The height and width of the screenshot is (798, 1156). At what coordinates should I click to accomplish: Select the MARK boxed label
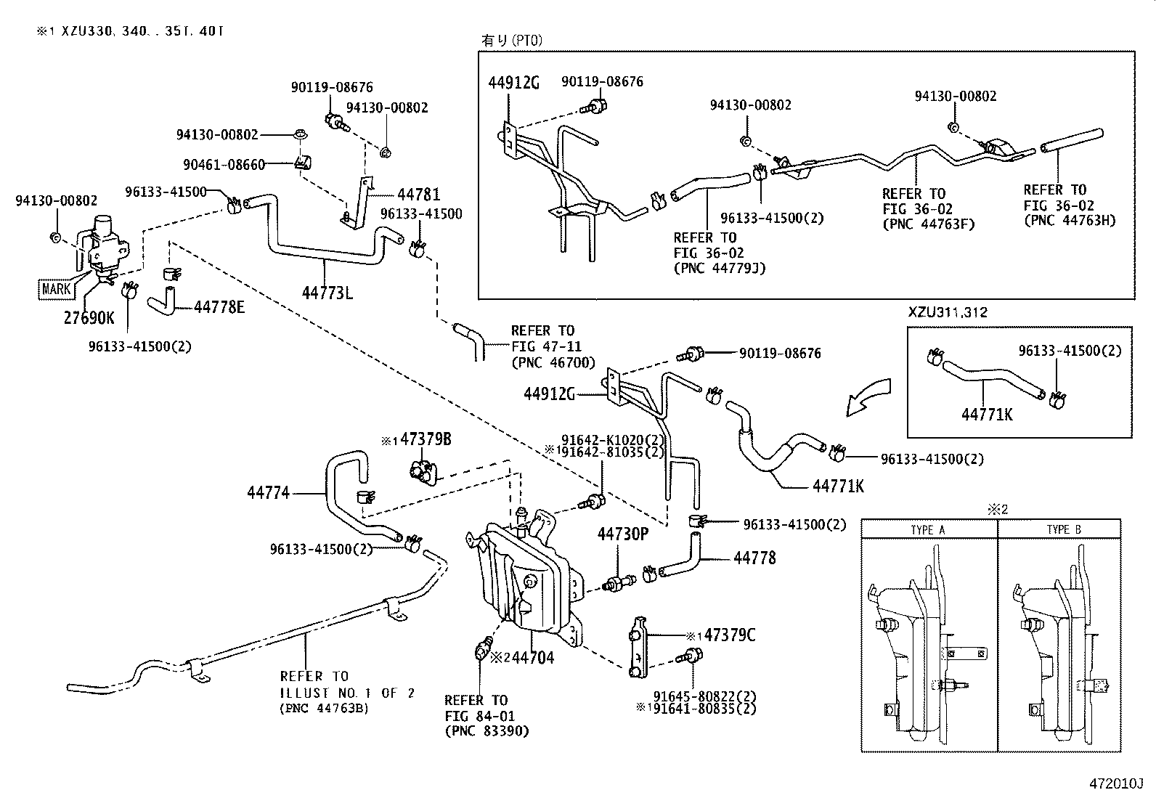click(56, 288)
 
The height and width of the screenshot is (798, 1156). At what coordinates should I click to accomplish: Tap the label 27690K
click(89, 317)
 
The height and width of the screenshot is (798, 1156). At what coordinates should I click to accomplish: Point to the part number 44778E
click(219, 307)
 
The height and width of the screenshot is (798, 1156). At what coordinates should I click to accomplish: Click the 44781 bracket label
click(418, 195)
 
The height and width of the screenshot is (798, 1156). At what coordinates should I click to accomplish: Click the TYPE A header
click(927, 530)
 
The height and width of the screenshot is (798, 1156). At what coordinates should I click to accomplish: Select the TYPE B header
click(1064, 530)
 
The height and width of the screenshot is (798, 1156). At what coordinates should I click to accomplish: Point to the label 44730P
click(622, 534)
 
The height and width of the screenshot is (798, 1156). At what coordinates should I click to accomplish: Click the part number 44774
click(268, 493)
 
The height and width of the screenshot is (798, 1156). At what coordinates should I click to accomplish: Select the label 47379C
click(728, 635)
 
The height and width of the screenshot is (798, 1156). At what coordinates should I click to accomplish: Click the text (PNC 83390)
click(487, 731)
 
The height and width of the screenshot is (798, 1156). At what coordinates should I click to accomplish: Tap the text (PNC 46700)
click(553, 362)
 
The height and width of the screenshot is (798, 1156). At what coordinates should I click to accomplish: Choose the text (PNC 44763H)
click(1069, 220)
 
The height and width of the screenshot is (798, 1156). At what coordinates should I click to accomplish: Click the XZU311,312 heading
click(948, 312)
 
